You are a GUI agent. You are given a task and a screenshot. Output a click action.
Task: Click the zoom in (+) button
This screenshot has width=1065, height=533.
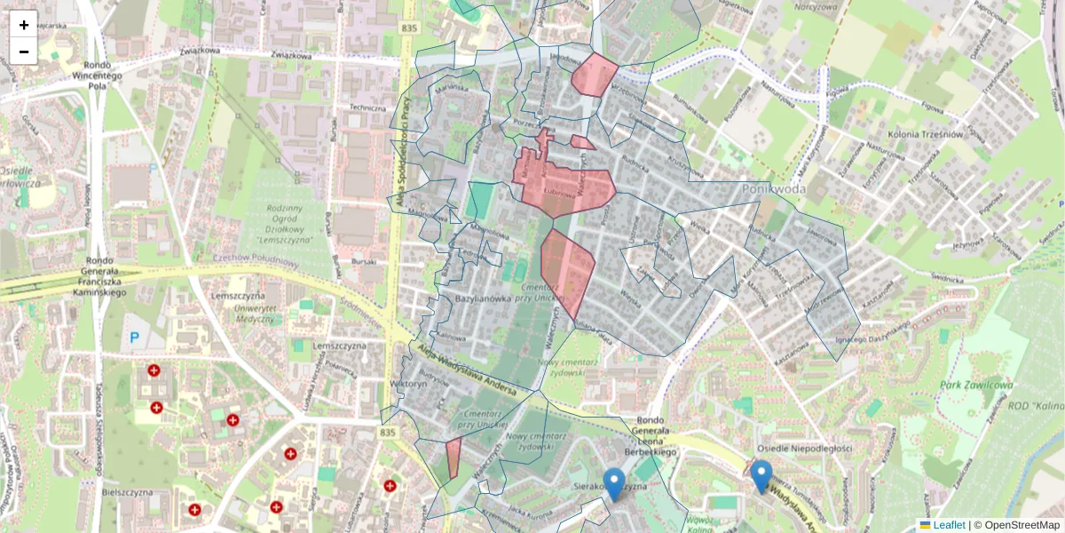[24, 25]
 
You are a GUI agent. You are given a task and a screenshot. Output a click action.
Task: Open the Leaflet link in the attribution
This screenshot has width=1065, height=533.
[949, 525]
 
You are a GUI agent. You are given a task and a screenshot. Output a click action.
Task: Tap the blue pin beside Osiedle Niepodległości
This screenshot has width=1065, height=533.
[761, 476]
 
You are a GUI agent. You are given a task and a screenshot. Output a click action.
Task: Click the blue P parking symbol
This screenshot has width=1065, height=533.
[135, 338]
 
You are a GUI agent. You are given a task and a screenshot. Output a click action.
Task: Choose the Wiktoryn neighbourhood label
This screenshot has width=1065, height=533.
[408, 385]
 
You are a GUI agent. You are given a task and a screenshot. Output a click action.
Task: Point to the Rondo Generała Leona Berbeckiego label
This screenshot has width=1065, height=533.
[657, 436]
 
